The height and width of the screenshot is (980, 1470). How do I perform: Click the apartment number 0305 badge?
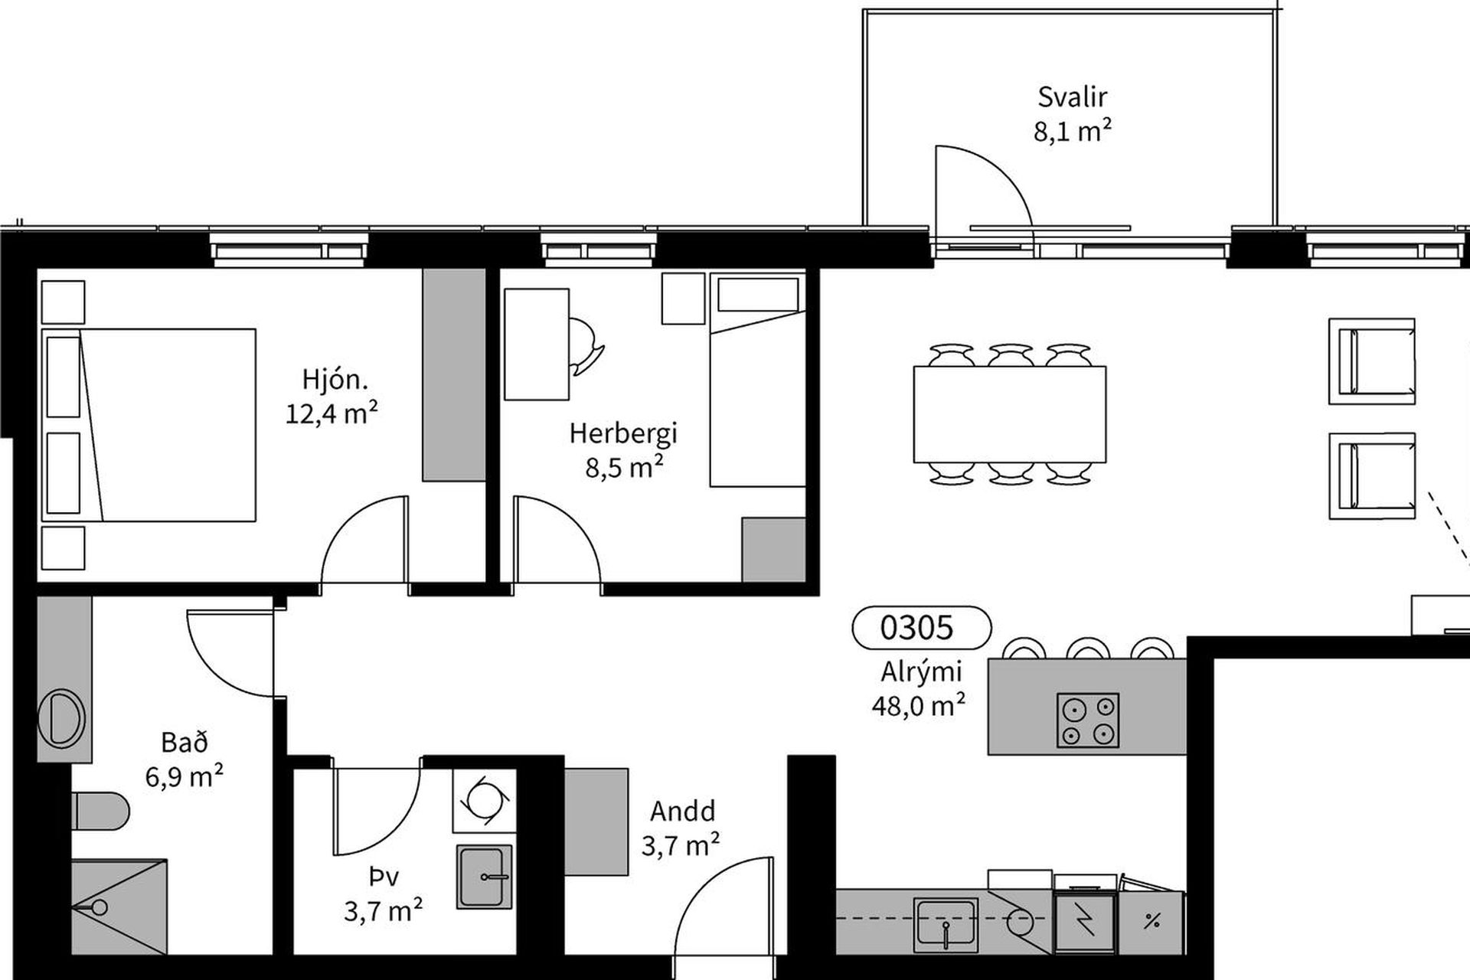[921, 628]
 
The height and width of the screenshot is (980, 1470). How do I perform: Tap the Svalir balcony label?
[1072, 97]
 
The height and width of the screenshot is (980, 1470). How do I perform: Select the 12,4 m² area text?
[332, 413]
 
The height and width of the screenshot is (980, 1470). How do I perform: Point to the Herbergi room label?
[623, 433]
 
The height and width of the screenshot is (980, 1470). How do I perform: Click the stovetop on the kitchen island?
[1087, 720]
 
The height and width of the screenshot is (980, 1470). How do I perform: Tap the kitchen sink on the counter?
[946, 923]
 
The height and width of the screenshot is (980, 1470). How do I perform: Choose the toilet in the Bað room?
[101, 811]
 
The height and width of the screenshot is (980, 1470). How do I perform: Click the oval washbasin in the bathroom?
[61, 718]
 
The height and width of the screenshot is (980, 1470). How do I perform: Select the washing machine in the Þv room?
[483, 800]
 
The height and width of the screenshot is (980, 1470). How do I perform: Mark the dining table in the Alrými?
[1009, 414]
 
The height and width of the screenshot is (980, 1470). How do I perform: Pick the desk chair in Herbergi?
[586, 346]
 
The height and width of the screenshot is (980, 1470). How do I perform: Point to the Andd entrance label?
[683, 811]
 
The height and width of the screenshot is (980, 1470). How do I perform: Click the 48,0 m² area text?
[918, 705]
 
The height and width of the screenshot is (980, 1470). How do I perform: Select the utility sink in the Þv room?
[484, 877]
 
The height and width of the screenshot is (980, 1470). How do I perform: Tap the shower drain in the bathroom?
[97, 908]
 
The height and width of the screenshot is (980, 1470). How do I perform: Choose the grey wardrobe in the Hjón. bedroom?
[454, 375]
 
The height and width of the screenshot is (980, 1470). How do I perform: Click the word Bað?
[185, 742]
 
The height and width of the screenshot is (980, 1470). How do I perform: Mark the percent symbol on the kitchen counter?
[1151, 922]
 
